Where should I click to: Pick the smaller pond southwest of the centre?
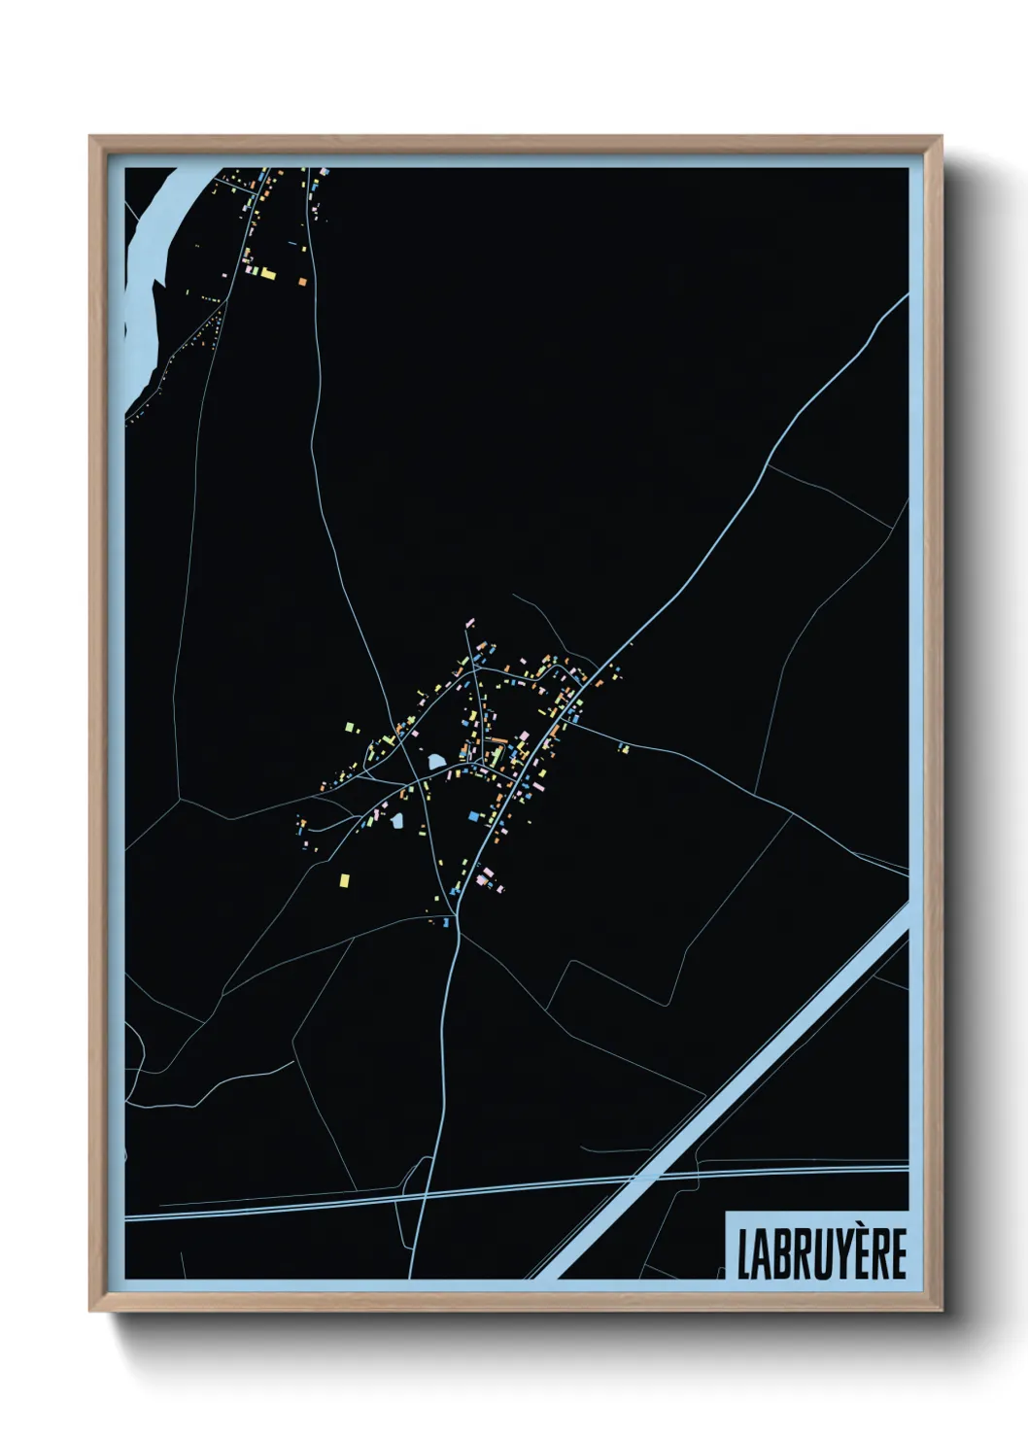pyautogui.click(x=396, y=821)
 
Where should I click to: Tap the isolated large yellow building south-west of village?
pyautogui.click(x=343, y=880)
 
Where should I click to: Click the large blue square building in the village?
pyautogui.click(x=474, y=816)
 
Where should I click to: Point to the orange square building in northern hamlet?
pyautogui.click(x=302, y=281)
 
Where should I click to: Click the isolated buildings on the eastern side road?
pyautogui.click(x=624, y=747)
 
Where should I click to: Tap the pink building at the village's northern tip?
pyautogui.click(x=470, y=620)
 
